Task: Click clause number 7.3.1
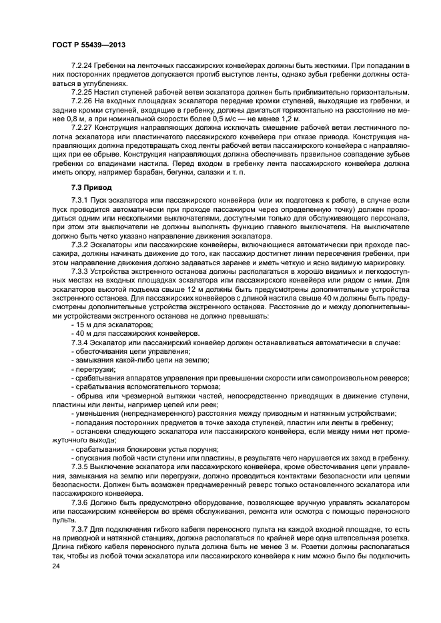point(79,201)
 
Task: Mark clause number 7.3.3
point(79,272)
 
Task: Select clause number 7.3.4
point(79,342)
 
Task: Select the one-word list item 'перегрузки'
point(95,369)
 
